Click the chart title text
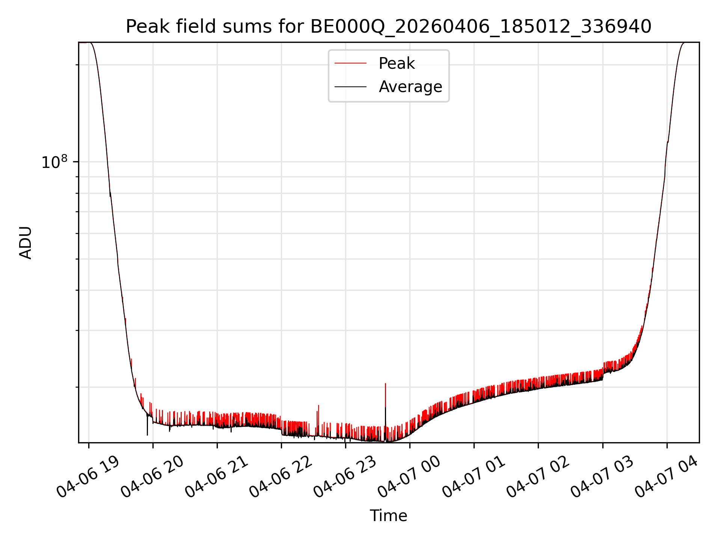[x=388, y=27]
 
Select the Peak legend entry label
[x=397, y=63]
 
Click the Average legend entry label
[x=410, y=87]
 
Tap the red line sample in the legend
[x=350, y=63]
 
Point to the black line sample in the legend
[x=350, y=87]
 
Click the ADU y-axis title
[x=26, y=243]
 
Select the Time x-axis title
[x=388, y=516]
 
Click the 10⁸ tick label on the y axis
[x=54, y=162]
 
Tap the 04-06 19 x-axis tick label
[x=88, y=477]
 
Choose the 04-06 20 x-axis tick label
[x=152, y=477]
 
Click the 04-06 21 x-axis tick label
[x=216, y=477]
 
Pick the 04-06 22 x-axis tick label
[x=281, y=477]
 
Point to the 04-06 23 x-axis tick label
[x=345, y=477]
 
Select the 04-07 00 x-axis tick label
[x=409, y=477]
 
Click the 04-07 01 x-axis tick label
[x=474, y=477]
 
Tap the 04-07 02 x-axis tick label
[x=538, y=477]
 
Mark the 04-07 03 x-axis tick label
[x=602, y=477]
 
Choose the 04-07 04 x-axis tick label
[x=666, y=477]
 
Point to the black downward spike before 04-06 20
[x=147, y=425]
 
